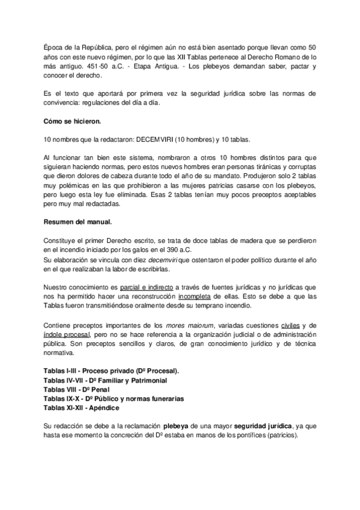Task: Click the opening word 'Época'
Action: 56,46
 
